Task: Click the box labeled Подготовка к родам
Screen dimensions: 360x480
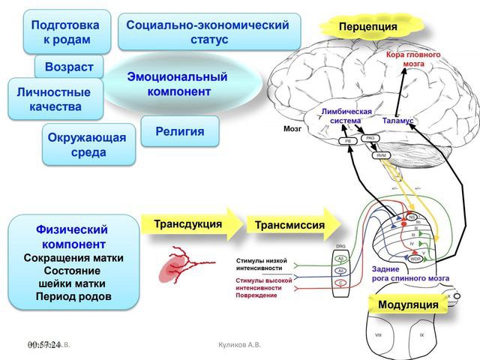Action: [66, 31]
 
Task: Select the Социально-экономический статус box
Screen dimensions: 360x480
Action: [208, 31]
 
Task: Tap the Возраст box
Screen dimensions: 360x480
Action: [68, 67]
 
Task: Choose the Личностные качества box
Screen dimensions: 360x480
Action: [55, 100]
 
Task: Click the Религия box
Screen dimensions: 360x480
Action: [180, 131]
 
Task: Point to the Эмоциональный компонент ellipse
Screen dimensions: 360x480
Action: [178, 84]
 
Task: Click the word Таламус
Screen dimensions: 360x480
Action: [397, 121]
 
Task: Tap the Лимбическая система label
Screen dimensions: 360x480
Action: [346, 115]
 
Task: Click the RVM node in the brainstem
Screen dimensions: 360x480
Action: [381, 155]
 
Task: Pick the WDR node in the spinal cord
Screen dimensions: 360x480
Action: [415, 259]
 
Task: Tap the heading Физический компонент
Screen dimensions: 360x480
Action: [73, 236]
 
